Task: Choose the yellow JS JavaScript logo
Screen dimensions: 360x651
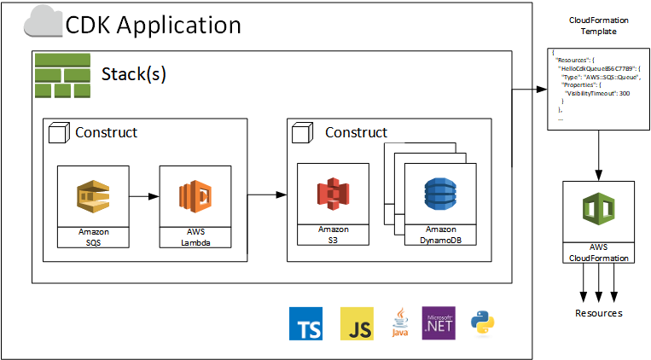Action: tap(357, 324)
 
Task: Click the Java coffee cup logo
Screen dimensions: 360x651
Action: tap(399, 324)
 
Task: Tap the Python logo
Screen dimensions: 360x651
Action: tap(483, 323)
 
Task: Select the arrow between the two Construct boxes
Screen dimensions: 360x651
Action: tap(266, 196)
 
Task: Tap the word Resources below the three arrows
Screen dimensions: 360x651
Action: tap(598, 313)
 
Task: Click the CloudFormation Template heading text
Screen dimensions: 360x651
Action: tap(592, 25)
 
